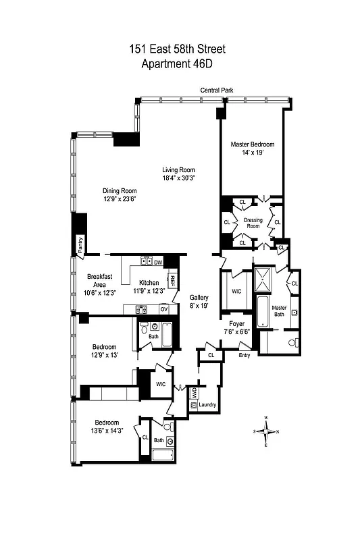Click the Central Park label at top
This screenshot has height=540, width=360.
click(x=216, y=90)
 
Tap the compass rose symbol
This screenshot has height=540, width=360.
click(x=266, y=431)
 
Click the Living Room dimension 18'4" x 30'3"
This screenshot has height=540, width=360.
click(x=178, y=179)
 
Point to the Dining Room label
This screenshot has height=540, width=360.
click(x=120, y=190)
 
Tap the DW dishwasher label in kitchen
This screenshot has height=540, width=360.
click(x=158, y=262)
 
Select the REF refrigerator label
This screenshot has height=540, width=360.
click(x=172, y=280)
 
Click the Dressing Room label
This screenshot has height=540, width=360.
click(x=253, y=222)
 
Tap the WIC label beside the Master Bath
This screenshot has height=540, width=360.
click(x=236, y=292)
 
